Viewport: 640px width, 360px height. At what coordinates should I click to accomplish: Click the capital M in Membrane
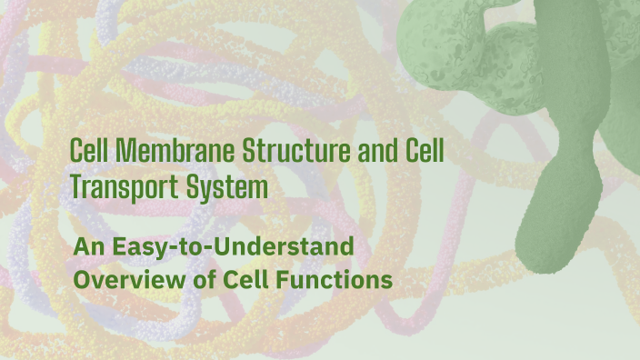click(x=114, y=151)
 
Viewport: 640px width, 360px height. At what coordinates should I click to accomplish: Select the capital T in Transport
click(x=75, y=188)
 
